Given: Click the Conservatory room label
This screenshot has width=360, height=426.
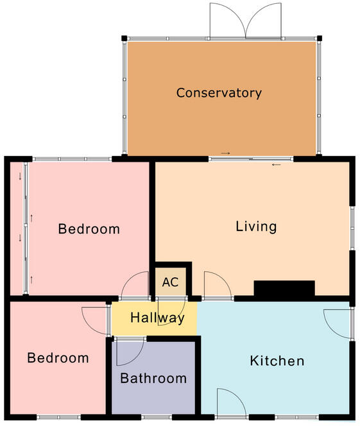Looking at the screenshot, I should pos(219,93).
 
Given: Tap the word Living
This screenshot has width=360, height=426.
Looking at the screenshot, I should pos(256,226).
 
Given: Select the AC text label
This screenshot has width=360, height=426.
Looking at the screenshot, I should pos(170,282).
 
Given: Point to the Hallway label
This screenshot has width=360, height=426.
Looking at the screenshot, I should pos(157,318).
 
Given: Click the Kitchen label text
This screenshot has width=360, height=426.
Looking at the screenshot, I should pos(277,361).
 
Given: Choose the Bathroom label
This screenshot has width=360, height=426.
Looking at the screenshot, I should pos(153,378).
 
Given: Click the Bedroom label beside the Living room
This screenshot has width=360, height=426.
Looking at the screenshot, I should pos(89,229).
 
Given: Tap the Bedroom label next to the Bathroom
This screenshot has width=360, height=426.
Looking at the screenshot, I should pos(58,358).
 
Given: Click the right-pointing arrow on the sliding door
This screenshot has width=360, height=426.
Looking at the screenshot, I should pos(225,153).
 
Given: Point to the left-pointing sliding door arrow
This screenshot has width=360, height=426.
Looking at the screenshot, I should pos(277,165).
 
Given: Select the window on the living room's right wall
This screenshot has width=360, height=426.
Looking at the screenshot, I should pos(352,226).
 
